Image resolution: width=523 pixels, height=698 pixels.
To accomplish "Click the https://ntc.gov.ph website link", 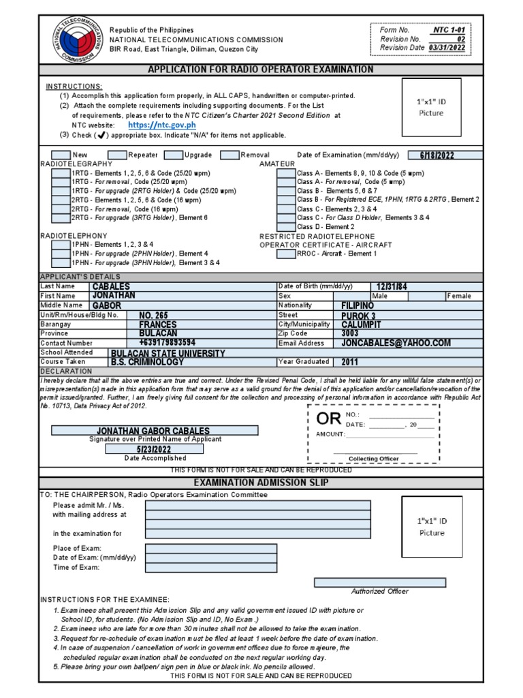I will pos(162,125).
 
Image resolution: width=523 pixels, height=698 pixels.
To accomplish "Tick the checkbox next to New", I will pos(61,155).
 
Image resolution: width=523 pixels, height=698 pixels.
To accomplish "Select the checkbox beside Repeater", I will pos(117,155).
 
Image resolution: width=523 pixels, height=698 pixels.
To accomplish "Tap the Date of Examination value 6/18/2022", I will pos(437,155).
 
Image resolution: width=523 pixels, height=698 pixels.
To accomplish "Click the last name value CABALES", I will pos(111,287).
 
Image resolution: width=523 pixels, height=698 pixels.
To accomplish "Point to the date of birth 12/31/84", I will pos(392,287).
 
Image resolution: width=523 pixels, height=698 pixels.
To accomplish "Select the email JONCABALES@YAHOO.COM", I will pos(396,343).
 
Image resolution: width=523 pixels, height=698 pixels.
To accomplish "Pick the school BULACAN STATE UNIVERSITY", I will pos(168,353).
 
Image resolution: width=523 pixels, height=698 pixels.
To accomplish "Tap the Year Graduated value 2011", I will pos(349,362).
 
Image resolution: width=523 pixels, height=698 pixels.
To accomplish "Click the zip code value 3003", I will pos(350,333).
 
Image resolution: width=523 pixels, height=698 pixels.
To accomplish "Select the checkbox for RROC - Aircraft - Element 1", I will pos(286,254).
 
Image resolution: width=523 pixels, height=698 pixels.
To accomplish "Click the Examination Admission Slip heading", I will pos(261,483).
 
